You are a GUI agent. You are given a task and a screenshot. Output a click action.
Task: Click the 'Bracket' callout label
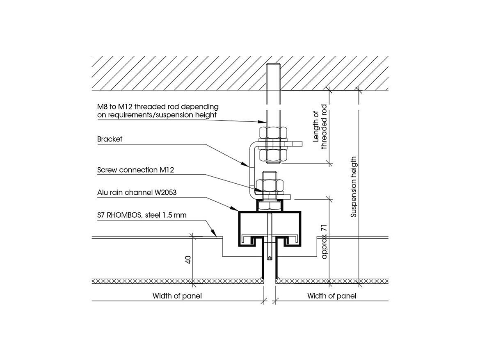[110, 139]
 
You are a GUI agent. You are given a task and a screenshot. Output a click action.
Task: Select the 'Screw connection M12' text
[135, 170]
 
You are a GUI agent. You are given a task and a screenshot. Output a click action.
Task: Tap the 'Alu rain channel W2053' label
[137, 193]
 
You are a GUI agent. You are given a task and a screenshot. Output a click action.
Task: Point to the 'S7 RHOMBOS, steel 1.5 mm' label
[142, 215]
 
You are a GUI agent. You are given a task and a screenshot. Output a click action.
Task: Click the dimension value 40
[188, 260]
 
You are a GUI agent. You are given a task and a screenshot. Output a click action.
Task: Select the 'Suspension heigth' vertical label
[353, 187]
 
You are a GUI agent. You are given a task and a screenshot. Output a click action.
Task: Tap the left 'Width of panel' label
[177, 296]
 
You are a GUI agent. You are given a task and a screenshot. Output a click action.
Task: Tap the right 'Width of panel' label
[331, 296]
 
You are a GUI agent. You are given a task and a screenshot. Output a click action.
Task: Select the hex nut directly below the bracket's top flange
[273, 155]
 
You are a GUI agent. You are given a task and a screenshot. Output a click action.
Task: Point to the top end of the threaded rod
[273, 64]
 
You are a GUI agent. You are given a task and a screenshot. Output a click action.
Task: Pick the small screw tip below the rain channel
[269, 258]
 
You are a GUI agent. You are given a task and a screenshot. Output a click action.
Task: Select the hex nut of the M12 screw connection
[270, 185]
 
